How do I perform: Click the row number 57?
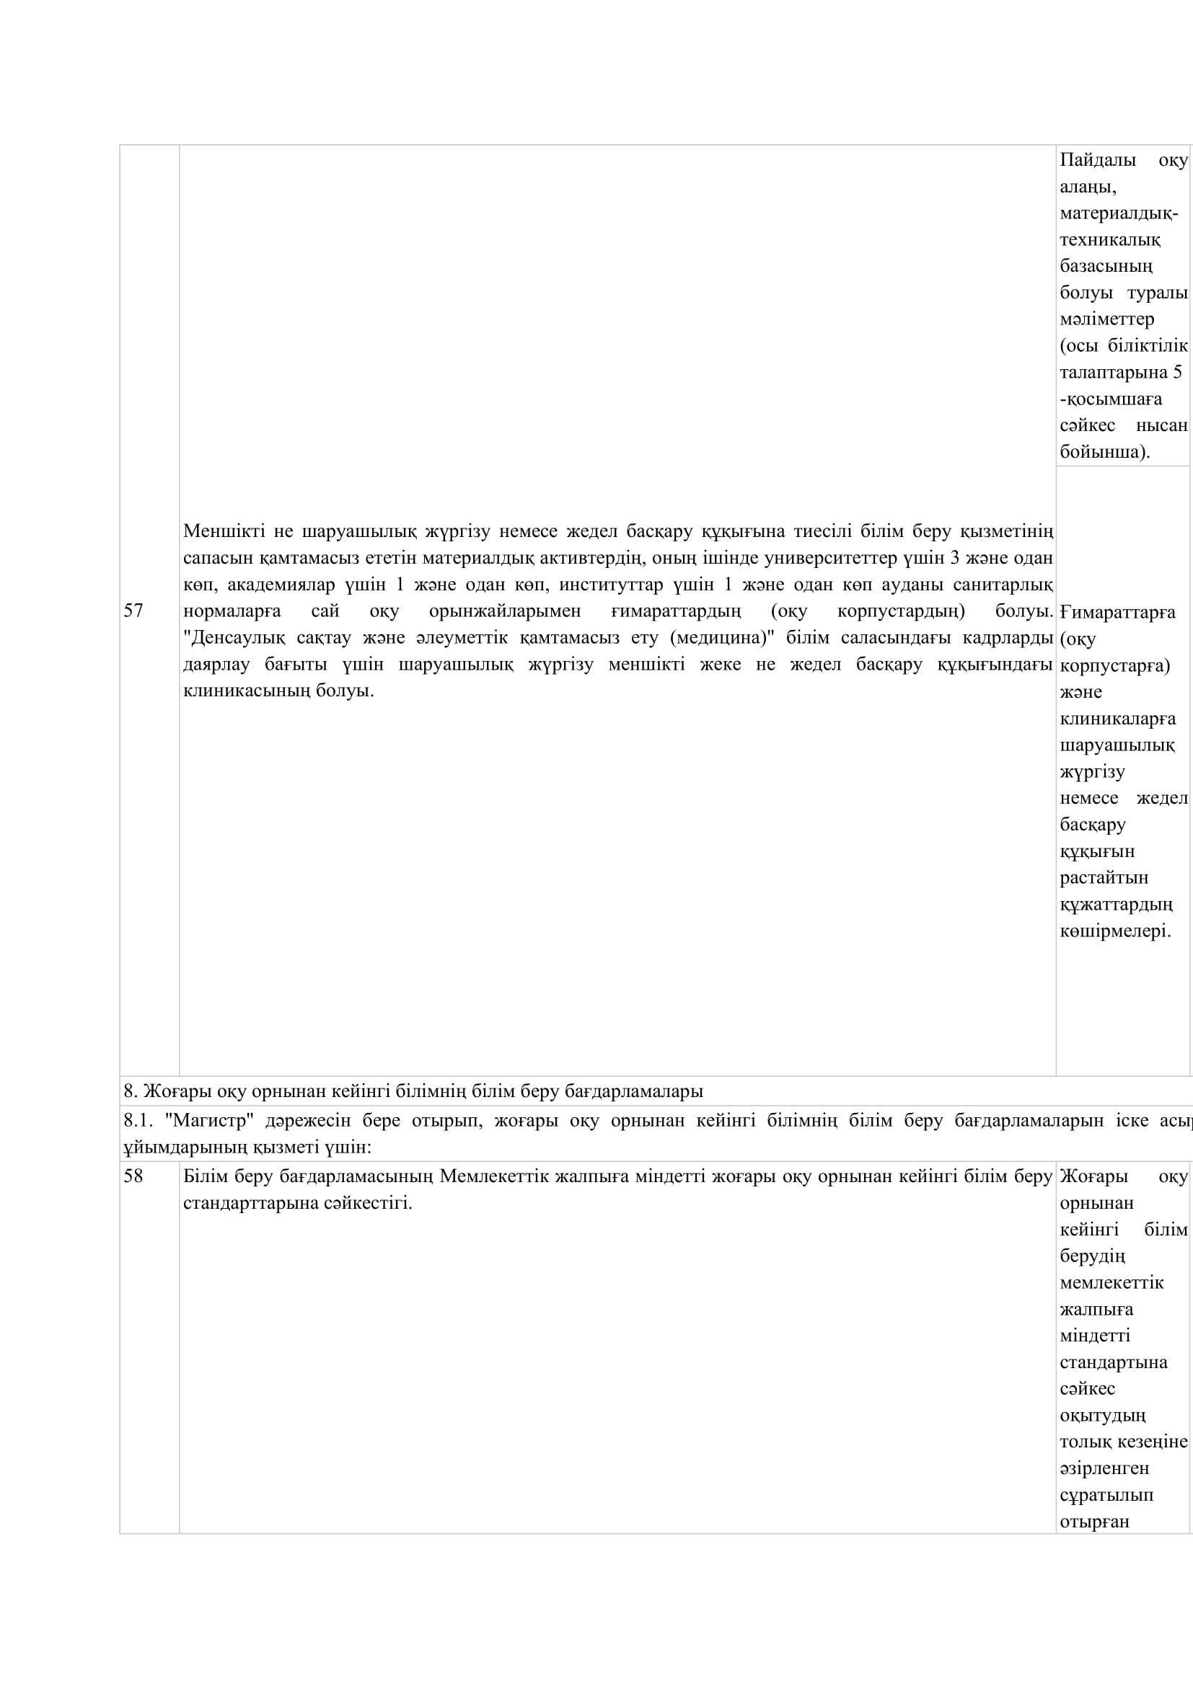pyautogui.click(x=133, y=611)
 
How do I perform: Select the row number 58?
pyautogui.click(x=133, y=1176)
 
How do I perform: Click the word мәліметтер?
pyautogui.click(x=1107, y=319)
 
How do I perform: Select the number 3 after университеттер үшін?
pyautogui.click(x=955, y=557)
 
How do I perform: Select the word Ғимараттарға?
pyautogui.click(x=1117, y=612)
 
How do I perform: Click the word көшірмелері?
pyautogui.click(x=1115, y=931)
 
